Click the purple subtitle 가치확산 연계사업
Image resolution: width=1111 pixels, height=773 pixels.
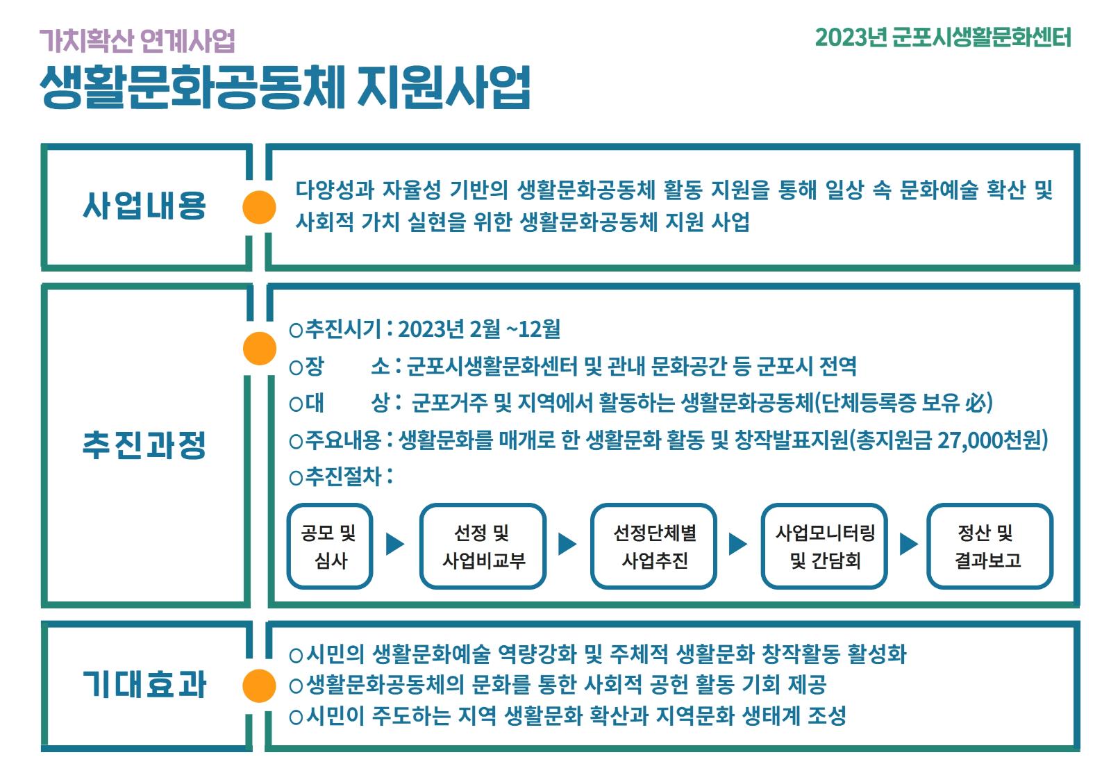[x=137, y=40]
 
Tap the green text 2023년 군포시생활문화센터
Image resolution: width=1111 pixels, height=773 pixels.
[x=943, y=38]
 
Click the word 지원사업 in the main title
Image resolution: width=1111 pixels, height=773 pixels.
[x=444, y=88]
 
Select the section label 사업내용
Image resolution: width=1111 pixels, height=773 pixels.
[x=144, y=206]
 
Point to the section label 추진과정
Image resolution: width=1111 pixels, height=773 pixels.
[x=144, y=444]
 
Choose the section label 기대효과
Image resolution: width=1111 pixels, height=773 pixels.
[x=144, y=684]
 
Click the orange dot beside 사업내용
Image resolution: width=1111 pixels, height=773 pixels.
[x=259, y=207]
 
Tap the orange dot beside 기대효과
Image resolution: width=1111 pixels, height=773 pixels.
[x=259, y=685]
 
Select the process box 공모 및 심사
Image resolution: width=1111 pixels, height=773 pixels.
[x=329, y=547]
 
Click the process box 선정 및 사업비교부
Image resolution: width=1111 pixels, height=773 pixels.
[x=483, y=547]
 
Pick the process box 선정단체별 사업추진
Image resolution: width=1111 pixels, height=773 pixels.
[x=653, y=547]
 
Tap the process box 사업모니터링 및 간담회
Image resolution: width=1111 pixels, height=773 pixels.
[x=824, y=547]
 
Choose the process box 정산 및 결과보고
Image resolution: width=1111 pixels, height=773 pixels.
[x=989, y=547]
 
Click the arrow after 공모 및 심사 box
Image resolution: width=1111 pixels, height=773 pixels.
[x=395, y=545]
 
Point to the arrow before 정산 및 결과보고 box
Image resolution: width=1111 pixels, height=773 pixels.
[x=908, y=545]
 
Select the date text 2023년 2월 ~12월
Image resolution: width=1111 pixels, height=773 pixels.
[x=479, y=329]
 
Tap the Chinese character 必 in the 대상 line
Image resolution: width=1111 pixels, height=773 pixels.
[x=976, y=402]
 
